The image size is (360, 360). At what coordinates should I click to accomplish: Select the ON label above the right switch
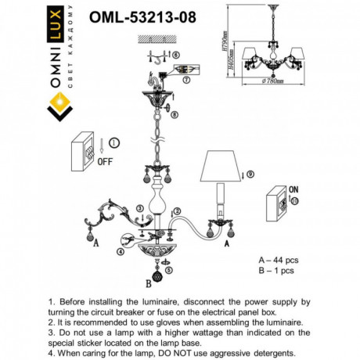pos(293,189)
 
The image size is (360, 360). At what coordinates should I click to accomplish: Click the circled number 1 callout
pos(116,143)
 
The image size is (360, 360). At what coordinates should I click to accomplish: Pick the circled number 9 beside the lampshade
pos(250,174)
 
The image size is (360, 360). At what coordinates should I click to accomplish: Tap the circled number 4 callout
pos(120,251)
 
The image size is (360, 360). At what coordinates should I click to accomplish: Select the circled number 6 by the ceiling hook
pos(176,54)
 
